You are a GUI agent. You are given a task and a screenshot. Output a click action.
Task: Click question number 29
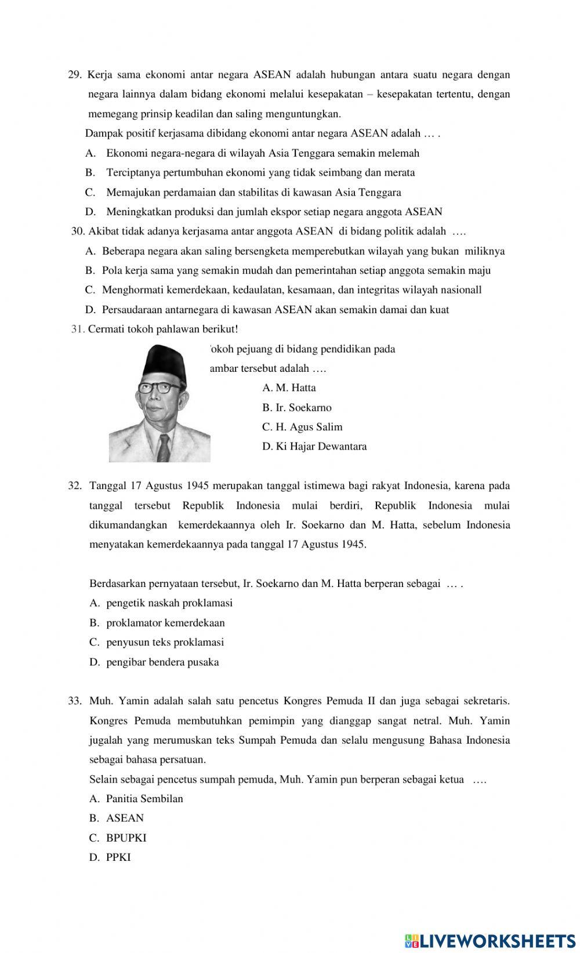pyautogui.click(x=75, y=75)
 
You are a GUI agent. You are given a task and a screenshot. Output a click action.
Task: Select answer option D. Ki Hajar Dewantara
pyautogui.click(x=314, y=447)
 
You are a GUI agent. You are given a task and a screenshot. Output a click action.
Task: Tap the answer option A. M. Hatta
pyautogui.click(x=289, y=387)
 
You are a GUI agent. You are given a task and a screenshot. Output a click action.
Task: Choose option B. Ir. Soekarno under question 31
pyautogui.click(x=297, y=407)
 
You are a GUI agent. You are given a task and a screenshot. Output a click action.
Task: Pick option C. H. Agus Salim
pyautogui.click(x=302, y=427)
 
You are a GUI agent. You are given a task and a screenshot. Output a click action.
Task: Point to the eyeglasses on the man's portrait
pyautogui.click(x=154, y=387)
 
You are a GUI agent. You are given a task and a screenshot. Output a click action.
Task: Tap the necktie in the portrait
pyautogui.click(x=165, y=446)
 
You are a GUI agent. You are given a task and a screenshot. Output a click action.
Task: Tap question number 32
pyautogui.click(x=75, y=485)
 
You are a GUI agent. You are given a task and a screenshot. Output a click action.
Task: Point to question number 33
pyautogui.click(x=75, y=701)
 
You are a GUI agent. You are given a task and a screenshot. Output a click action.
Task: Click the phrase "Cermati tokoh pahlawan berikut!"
pyautogui.click(x=163, y=329)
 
